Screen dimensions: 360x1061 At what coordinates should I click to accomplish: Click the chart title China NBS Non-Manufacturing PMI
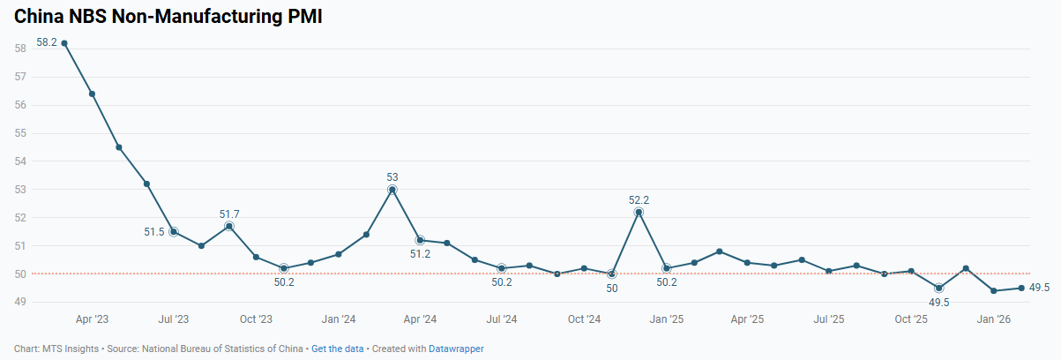(168, 16)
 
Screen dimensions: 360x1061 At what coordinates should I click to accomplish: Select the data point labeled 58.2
(64, 42)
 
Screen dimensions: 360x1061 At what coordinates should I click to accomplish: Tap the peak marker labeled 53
(392, 190)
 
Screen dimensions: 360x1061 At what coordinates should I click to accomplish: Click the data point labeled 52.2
(639, 212)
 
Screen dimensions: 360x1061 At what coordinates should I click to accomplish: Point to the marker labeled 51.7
(228, 226)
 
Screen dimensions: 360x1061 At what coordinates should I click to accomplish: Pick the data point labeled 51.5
(174, 231)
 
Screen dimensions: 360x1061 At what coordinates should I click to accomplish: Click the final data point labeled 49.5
(1021, 288)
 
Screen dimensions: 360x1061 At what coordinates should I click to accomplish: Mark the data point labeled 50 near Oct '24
(612, 274)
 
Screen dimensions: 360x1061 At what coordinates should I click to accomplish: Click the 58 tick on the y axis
(19, 49)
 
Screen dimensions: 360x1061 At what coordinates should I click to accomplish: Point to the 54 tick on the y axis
(19, 161)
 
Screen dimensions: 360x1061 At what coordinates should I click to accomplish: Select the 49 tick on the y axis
(19, 302)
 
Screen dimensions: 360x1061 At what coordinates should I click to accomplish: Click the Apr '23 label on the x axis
(92, 319)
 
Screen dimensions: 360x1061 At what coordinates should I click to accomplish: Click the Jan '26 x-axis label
(994, 319)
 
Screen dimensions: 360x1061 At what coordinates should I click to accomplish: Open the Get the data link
(337, 349)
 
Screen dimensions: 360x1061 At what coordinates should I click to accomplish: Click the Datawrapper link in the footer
(456, 349)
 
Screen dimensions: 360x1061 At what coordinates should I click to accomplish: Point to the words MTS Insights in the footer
(71, 349)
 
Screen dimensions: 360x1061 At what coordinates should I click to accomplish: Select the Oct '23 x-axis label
(256, 319)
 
